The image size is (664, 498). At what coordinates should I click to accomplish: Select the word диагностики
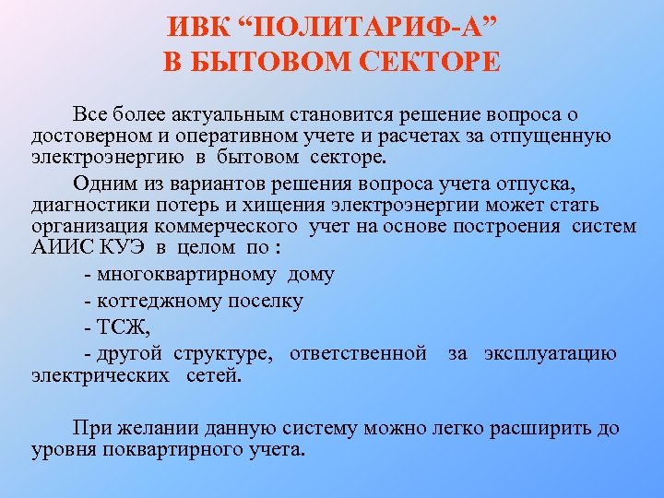[x=83, y=203]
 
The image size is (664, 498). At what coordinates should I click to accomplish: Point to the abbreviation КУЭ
[x=123, y=249]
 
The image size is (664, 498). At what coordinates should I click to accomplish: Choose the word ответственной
[x=358, y=353]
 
